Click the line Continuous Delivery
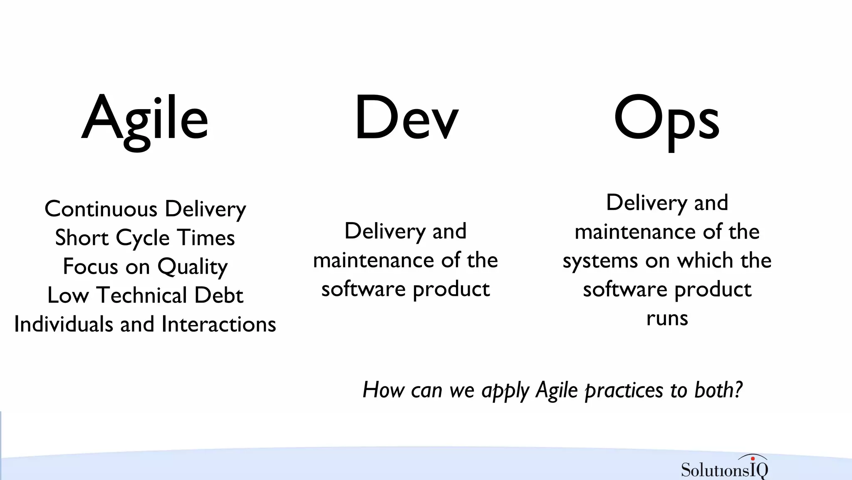click(x=145, y=209)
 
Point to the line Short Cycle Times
click(x=145, y=238)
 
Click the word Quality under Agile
click(x=193, y=267)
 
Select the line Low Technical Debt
click(x=145, y=295)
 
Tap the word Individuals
click(x=63, y=324)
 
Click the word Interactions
click(x=219, y=324)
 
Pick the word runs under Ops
click(x=667, y=318)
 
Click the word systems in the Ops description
click(x=600, y=261)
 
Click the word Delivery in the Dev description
click(x=385, y=232)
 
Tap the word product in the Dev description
click(x=451, y=290)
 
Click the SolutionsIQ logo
click(x=724, y=468)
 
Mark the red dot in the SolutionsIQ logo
click(x=753, y=459)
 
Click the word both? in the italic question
click(x=718, y=390)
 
